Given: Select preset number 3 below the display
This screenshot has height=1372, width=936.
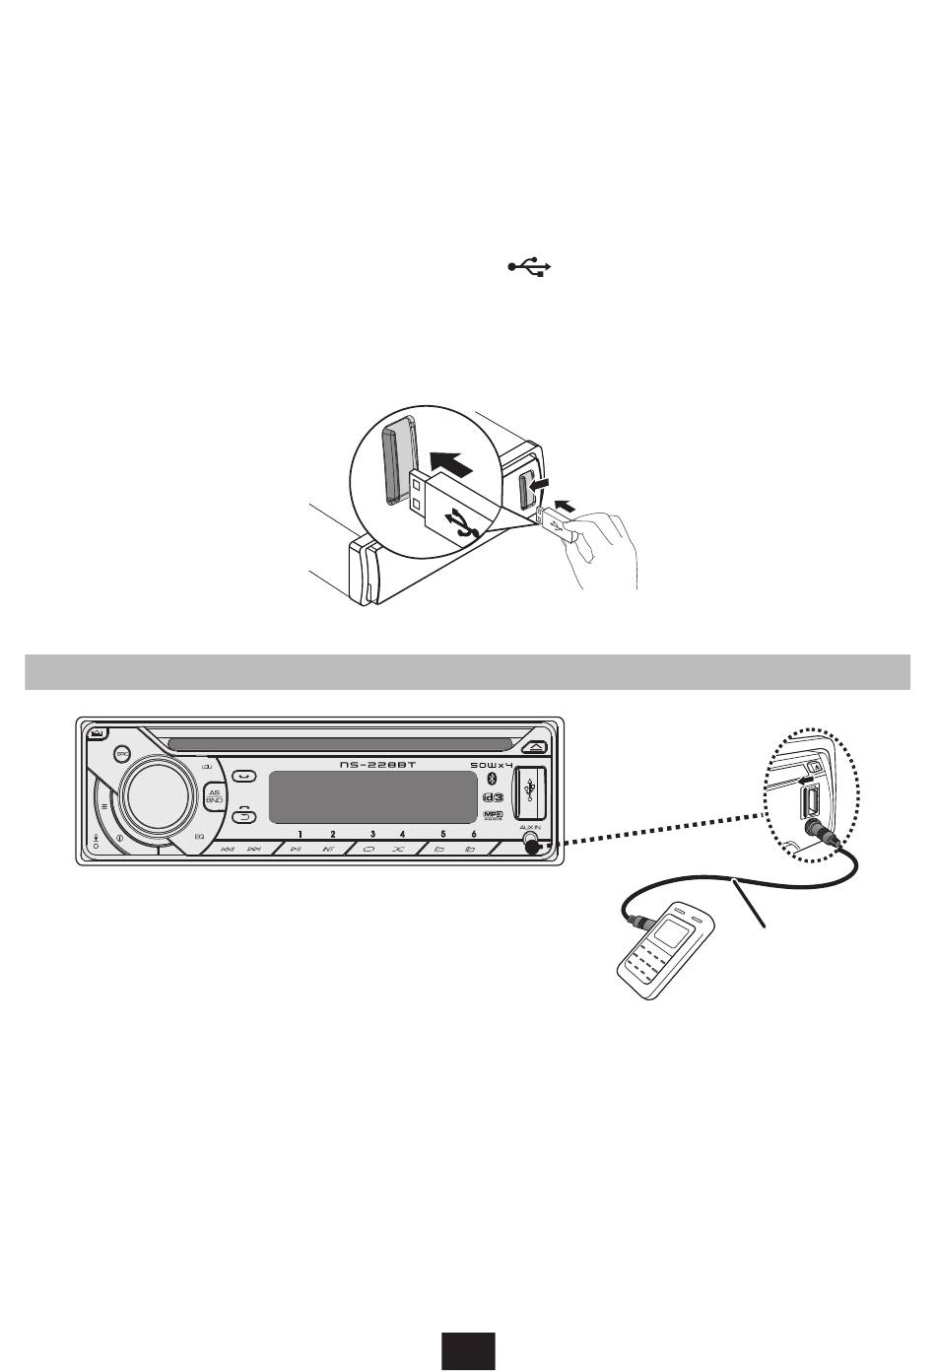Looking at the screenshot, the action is tap(372, 834).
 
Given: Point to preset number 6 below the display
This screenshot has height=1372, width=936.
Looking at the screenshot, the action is tap(474, 834).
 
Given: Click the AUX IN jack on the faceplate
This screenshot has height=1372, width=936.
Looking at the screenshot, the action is tap(532, 845).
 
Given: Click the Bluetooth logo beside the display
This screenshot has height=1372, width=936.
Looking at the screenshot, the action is tap(494, 781).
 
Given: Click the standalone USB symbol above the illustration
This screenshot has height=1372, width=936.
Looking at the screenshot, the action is tap(531, 266).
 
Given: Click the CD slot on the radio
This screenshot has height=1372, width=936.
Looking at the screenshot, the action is tap(340, 742).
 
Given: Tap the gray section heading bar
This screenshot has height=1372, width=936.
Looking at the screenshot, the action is tap(467, 671).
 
